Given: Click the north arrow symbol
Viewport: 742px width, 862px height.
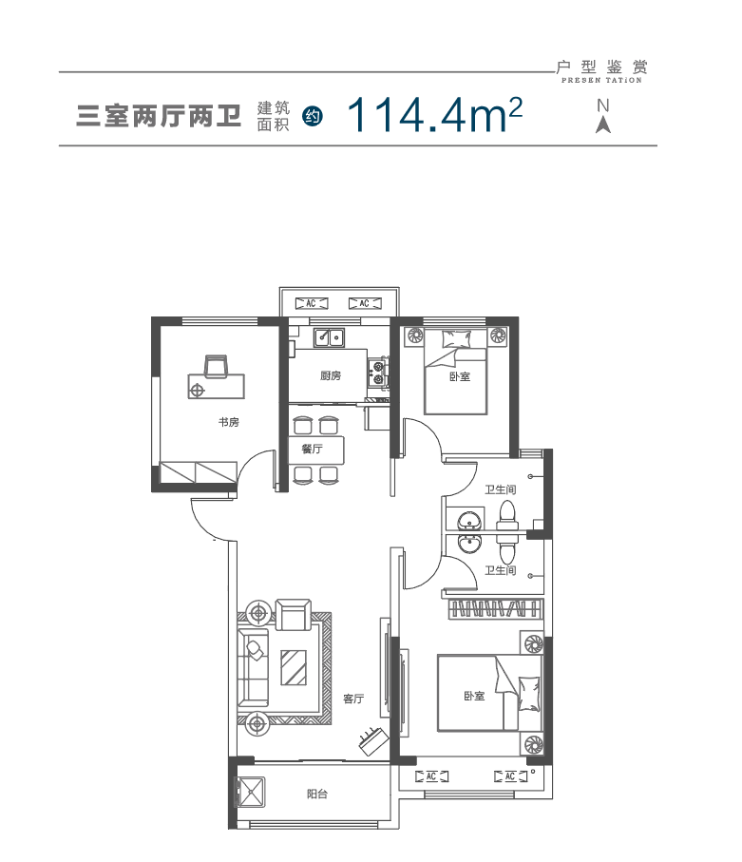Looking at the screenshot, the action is click(603, 117).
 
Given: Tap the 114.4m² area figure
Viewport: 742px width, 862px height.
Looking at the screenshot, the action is click(434, 115).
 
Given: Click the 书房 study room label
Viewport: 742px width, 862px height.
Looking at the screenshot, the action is click(229, 422).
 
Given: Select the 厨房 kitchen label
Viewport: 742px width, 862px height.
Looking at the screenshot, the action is click(331, 376).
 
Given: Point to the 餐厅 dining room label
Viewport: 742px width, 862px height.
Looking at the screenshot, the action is click(312, 449).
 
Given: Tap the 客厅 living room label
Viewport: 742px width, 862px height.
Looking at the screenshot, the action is click(353, 699).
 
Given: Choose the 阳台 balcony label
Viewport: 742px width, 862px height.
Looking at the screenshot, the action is click(317, 794).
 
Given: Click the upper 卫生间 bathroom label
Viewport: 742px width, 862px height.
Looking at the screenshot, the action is click(500, 489).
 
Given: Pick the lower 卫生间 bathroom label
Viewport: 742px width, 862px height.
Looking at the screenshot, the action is click(500, 570).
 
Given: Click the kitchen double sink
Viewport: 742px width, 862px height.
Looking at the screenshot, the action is click(329, 336).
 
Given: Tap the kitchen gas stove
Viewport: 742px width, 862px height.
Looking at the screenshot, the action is click(377, 373).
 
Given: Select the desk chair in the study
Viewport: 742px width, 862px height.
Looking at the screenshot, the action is click(216, 366).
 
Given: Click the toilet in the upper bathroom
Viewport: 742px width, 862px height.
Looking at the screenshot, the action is click(506, 516).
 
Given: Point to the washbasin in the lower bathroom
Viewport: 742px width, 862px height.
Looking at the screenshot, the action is click(469, 544).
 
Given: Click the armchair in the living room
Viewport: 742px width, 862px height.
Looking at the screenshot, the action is click(293, 614).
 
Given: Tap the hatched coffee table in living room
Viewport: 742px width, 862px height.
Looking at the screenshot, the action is click(294, 667).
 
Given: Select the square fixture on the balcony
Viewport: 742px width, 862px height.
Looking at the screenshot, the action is click(251, 793).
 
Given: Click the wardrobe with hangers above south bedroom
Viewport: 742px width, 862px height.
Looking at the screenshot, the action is click(496, 609).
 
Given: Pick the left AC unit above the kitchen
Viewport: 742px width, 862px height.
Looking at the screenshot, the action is click(312, 303).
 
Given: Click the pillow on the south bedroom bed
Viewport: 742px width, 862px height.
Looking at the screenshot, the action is click(528, 694).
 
